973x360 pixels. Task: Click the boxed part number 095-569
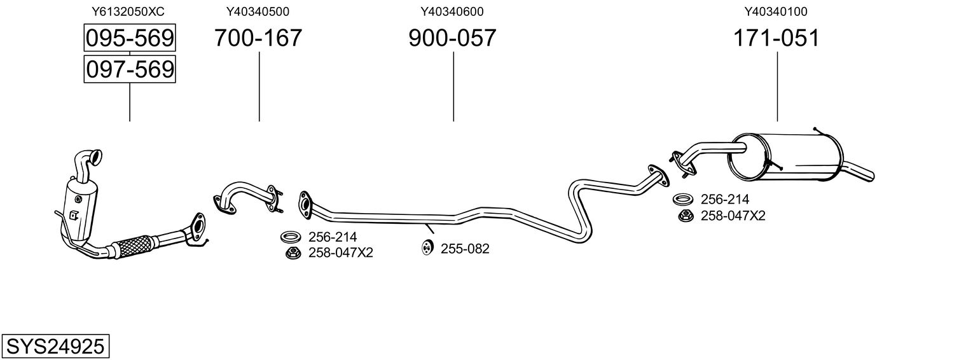point(130,38)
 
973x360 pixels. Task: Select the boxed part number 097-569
point(130,69)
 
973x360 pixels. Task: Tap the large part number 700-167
point(258,38)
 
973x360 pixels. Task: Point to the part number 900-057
point(452,38)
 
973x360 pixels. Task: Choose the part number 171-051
point(776,38)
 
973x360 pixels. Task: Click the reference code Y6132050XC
point(128,11)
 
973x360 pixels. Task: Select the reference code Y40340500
point(258,11)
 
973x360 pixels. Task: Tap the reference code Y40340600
point(452,11)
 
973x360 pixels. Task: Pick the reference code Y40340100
point(776,11)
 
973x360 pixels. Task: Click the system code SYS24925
point(55,347)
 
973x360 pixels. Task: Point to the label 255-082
point(465,249)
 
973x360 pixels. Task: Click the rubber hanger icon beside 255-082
point(427,247)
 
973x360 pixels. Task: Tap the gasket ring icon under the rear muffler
point(683,200)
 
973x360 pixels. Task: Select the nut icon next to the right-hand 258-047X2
point(686,216)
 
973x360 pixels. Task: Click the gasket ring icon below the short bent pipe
point(291,237)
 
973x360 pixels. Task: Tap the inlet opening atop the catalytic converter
point(97,156)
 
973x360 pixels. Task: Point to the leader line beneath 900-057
point(453,87)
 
